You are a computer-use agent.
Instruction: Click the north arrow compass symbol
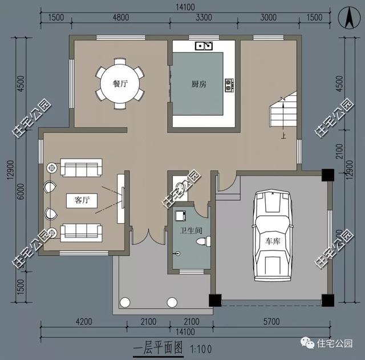pyautogui.click(x=347, y=17)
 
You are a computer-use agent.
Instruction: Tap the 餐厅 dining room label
pyautogui.click(x=120, y=83)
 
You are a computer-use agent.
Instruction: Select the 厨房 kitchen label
pyautogui.click(x=198, y=84)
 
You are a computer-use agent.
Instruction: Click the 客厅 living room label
pyautogui.click(x=82, y=200)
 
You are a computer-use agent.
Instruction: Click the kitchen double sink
pyautogui.click(x=204, y=45)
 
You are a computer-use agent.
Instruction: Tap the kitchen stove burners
pyautogui.click(x=230, y=85)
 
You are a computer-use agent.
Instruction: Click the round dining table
pyautogui.click(x=120, y=84)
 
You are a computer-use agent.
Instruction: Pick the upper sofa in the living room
pyautogui.click(x=81, y=168)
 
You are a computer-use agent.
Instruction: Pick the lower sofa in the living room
pyautogui.click(x=81, y=232)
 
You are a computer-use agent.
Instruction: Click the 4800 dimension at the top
pyautogui.click(x=120, y=17)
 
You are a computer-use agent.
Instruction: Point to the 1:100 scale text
pyautogui.click(x=198, y=346)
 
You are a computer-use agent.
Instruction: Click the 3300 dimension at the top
pyautogui.click(x=204, y=17)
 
